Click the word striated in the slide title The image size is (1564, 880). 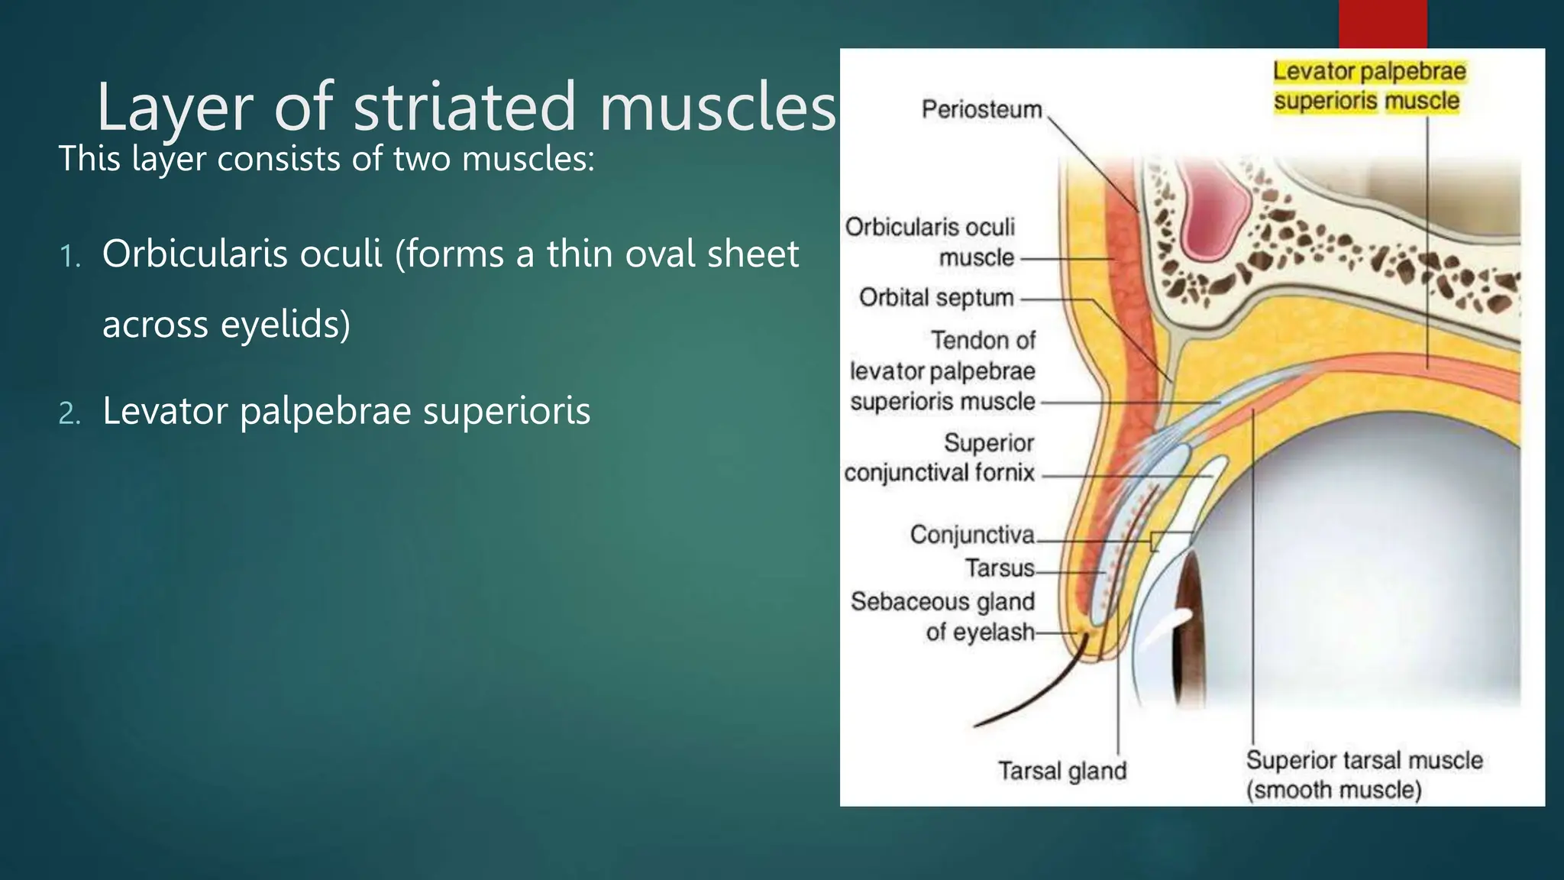click(464, 107)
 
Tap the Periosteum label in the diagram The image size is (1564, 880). click(981, 109)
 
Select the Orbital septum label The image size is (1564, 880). click(936, 297)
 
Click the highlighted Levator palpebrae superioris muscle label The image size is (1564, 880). click(1367, 86)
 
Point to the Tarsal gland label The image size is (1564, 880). click(1062, 771)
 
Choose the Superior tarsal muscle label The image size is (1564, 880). click(1364, 775)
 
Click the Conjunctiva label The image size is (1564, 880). click(972, 534)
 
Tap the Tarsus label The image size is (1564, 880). click(1000, 568)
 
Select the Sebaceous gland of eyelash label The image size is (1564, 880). click(943, 616)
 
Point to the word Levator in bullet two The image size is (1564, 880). click(165, 411)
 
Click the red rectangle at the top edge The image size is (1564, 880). click(1382, 23)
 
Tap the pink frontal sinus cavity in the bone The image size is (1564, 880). click(1214, 214)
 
